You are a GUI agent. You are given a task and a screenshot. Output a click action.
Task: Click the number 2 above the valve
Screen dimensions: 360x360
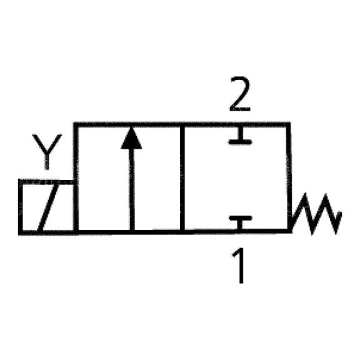[240, 94]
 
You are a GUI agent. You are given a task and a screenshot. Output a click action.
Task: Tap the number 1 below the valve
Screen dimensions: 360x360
[239, 266]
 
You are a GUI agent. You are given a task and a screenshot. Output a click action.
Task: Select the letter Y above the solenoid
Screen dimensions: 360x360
[47, 151]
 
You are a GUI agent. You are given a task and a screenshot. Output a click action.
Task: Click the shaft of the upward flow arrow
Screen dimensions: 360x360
[132, 189]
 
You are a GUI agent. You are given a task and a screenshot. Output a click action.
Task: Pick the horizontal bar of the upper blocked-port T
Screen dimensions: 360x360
[240, 142]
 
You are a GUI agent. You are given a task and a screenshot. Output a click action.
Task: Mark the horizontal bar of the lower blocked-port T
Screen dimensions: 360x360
[241, 218]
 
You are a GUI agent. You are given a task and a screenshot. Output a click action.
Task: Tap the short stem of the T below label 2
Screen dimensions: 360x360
[240, 133]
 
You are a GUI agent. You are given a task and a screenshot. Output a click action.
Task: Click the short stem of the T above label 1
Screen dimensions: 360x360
[240, 225]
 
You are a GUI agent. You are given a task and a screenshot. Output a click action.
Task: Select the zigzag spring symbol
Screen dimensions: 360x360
[316, 214]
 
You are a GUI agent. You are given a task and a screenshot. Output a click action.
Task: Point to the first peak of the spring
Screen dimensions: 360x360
[306, 194]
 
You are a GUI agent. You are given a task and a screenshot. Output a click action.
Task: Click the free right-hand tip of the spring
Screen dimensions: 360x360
[340, 213]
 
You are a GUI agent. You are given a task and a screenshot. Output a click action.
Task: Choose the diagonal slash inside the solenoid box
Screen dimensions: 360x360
[47, 207]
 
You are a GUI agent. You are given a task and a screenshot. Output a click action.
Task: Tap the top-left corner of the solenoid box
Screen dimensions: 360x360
[21, 181]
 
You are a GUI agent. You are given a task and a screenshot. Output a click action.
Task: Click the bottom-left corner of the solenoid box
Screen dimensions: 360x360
[21, 232]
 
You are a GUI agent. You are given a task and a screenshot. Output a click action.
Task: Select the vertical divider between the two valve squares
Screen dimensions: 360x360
[182, 178]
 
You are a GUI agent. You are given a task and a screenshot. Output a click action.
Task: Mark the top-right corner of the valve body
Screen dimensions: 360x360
[288, 124]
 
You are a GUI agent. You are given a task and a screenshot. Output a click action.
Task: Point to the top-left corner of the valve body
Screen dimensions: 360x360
[76, 124]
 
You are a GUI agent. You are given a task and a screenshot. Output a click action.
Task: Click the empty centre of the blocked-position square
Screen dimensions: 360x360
[236, 179]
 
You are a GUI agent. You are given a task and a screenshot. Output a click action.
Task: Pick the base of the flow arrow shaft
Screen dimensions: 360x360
[132, 230]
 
